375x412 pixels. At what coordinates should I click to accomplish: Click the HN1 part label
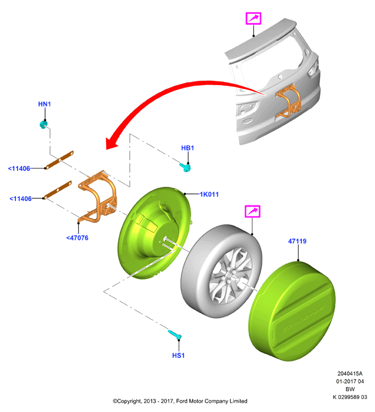(45, 104)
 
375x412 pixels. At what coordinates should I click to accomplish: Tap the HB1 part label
(187, 148)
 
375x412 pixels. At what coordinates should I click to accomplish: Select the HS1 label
(178, 355)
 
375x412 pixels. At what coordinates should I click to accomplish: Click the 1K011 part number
(209, 194)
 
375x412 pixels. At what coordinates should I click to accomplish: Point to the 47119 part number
(297, 241)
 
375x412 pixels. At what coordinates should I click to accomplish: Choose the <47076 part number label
(78, 238)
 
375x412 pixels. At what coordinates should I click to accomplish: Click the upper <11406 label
(19, 169)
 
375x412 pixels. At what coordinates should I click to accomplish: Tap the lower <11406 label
(20, 199)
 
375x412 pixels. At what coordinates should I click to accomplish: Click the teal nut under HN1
(43, 124)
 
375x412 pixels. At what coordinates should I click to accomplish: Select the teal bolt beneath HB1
(185, 167)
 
